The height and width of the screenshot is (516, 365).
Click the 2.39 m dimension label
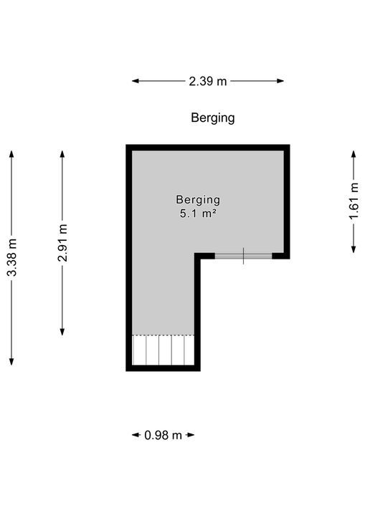(208, 81)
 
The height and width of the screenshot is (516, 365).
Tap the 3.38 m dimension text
(11, 257)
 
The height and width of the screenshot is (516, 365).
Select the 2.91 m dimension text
(62, 243)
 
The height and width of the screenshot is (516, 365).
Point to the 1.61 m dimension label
(354, 201)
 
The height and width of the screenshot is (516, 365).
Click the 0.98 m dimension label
(163, 435)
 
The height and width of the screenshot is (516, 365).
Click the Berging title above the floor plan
(213, 118)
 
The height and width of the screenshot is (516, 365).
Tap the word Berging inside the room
(198, 200)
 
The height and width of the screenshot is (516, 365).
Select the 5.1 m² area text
(198, 213)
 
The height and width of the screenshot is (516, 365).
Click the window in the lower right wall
(244, 255)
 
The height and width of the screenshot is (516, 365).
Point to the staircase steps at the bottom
(163, 351)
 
